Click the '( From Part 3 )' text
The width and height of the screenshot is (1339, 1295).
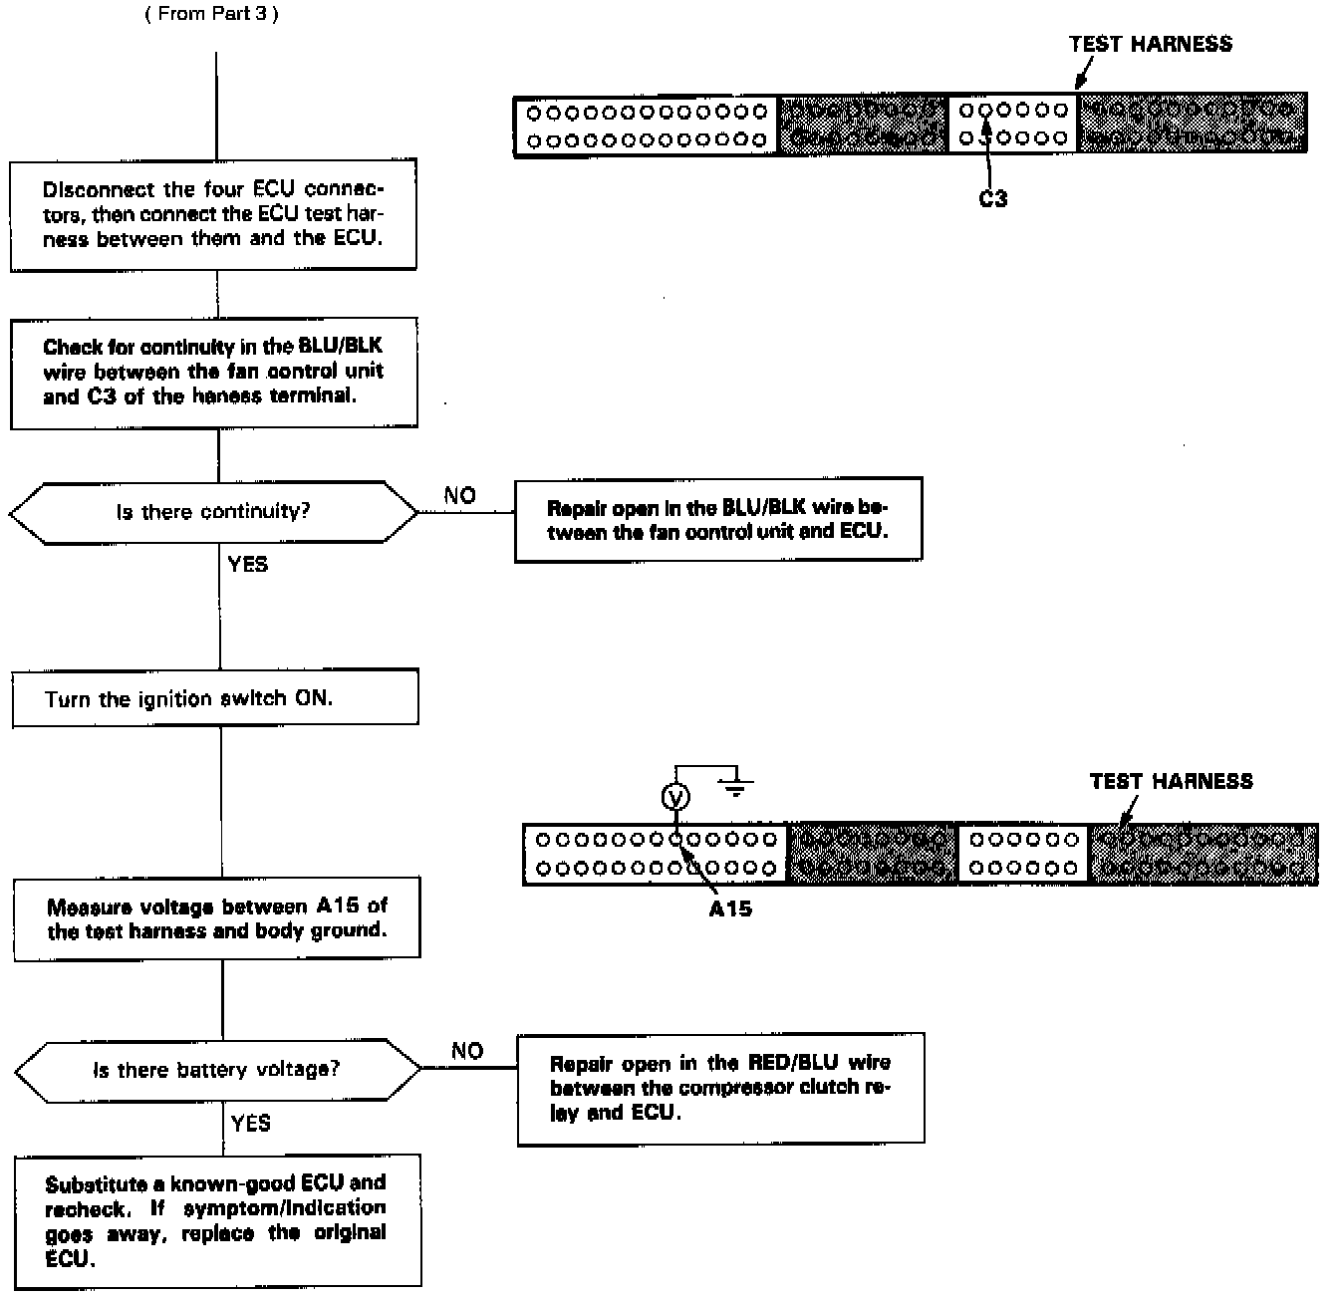(211, 15)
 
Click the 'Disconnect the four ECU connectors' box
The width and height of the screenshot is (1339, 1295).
(213, 214)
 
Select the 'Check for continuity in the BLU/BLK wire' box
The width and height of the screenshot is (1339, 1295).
(213, 373)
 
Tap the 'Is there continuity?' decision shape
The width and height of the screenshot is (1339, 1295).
(213, 512)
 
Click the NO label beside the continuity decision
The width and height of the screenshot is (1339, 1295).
(459, 495)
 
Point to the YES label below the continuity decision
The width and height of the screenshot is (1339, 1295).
(247, 565)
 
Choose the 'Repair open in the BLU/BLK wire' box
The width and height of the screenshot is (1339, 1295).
(717, 520)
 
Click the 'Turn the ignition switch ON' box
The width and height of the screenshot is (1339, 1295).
(215, 698)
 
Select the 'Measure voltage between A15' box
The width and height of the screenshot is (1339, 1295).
(216, 918)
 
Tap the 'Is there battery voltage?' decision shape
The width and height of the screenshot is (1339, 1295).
(217, 1070)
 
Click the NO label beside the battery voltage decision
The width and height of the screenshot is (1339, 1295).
(466, 1051)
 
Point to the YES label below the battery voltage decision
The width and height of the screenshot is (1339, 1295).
(250, 1124)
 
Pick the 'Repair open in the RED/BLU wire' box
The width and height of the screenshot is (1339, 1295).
(720, 1088)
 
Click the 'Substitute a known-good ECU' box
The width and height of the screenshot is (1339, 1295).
(217, 1220)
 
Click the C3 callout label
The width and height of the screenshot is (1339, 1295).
(992, 199)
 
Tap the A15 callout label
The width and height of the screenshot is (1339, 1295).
(730, 908)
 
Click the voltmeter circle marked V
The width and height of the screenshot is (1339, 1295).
(675, 797)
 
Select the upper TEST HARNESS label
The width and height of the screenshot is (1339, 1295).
(1150, 44)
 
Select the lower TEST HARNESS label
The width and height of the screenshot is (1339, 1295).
(1171, 781)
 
